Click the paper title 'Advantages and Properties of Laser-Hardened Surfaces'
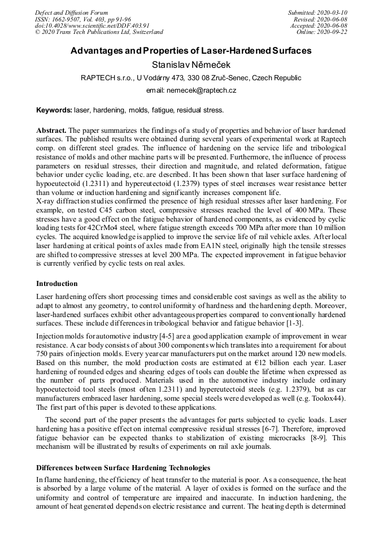(191, 51)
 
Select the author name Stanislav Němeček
(191, 65)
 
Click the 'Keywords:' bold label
(54, 110)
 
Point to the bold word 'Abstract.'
(51, 130)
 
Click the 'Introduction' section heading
(57, 283)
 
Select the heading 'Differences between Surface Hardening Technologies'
(123, 467)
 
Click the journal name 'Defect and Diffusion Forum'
(71, 12)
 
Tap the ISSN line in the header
(82, 19)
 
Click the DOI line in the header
(92, 25)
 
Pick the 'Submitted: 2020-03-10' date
(317, 12)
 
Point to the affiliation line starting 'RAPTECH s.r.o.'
(191, 78)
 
